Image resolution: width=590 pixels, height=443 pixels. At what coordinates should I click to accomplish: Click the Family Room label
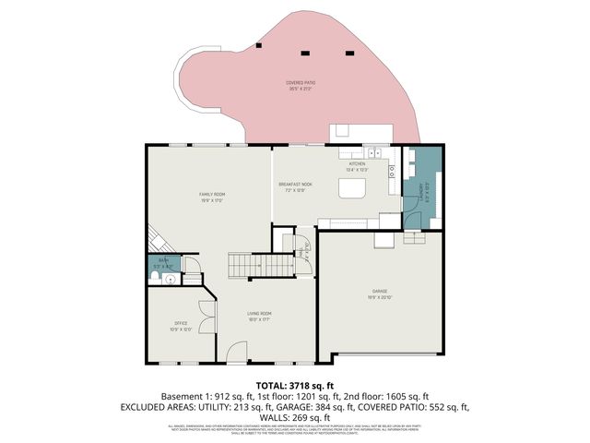(213, 194)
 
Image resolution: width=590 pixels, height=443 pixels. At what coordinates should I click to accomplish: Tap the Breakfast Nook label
(295, 186)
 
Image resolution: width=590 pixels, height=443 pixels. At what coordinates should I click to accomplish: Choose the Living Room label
(258, 315)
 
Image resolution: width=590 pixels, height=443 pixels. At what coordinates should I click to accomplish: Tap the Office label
(181, 323)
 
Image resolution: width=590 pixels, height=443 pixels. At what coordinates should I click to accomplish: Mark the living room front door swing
(238, 352)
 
